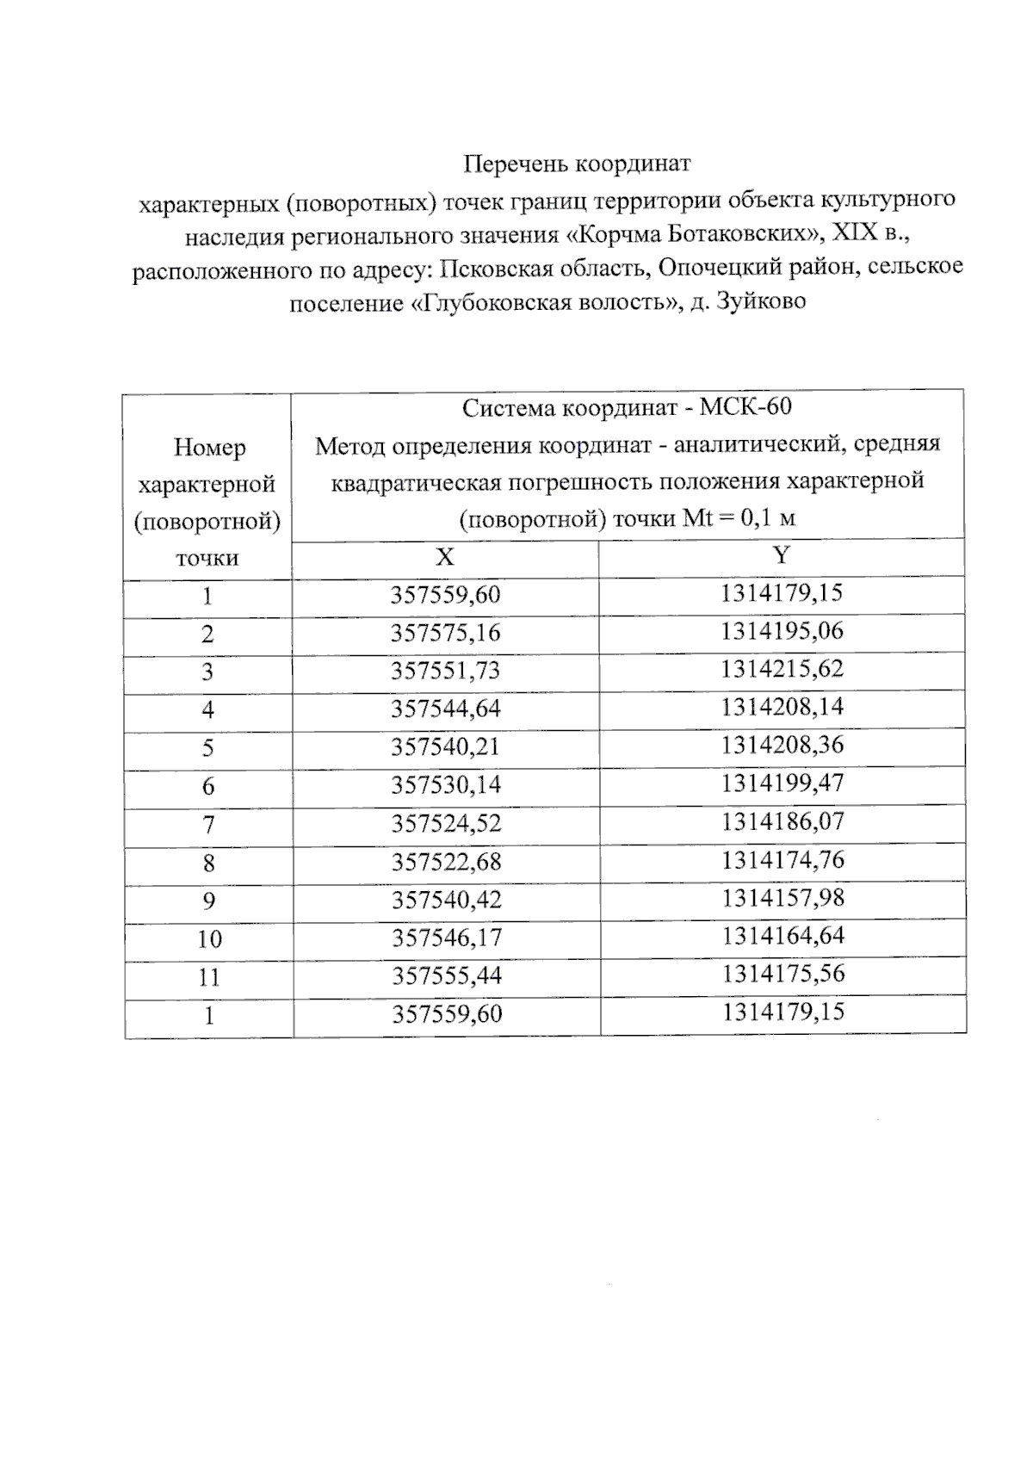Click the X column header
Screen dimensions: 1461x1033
click(x=444, y=558)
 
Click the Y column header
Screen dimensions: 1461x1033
click(x=781, y=555)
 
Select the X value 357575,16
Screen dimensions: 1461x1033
click(x=445, y=634)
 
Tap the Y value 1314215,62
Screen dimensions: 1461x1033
click(x=782, y=669)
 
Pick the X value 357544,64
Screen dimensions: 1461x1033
click(x=445, y=709)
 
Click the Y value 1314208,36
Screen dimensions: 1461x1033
click(x=782, y=745)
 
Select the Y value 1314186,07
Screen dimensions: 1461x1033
click(x=782, y=821)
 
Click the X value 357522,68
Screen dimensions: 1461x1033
click(x=446, y=862)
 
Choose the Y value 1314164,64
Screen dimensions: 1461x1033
click(x=782, y=936)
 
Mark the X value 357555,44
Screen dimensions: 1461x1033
click(x=446, y=976)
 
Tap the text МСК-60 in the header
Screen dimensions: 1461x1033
click(x=745, y=406)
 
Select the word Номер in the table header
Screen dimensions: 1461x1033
click(x=209, y=448)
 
